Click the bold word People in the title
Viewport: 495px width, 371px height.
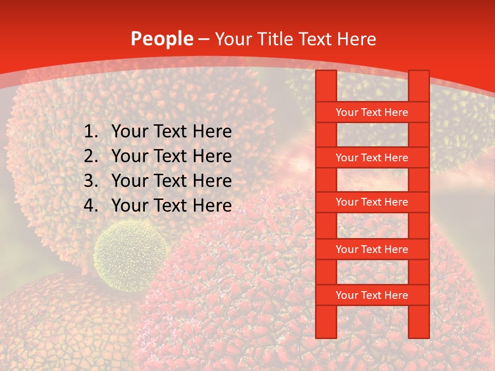(x=162, y=39)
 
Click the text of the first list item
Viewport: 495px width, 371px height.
(x=171, y=132)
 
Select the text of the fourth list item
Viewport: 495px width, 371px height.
(x=171, y=206)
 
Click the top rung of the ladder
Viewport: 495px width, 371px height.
(x=372, y=112)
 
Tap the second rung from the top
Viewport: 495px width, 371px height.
(x=372, y=158)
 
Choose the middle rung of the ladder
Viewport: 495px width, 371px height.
(x=372, y=202)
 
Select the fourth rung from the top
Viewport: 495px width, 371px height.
(x=372, y=249)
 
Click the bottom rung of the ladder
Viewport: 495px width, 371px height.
(x=372, y=295)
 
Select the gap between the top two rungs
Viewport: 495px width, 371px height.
(x=372, y=135)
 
